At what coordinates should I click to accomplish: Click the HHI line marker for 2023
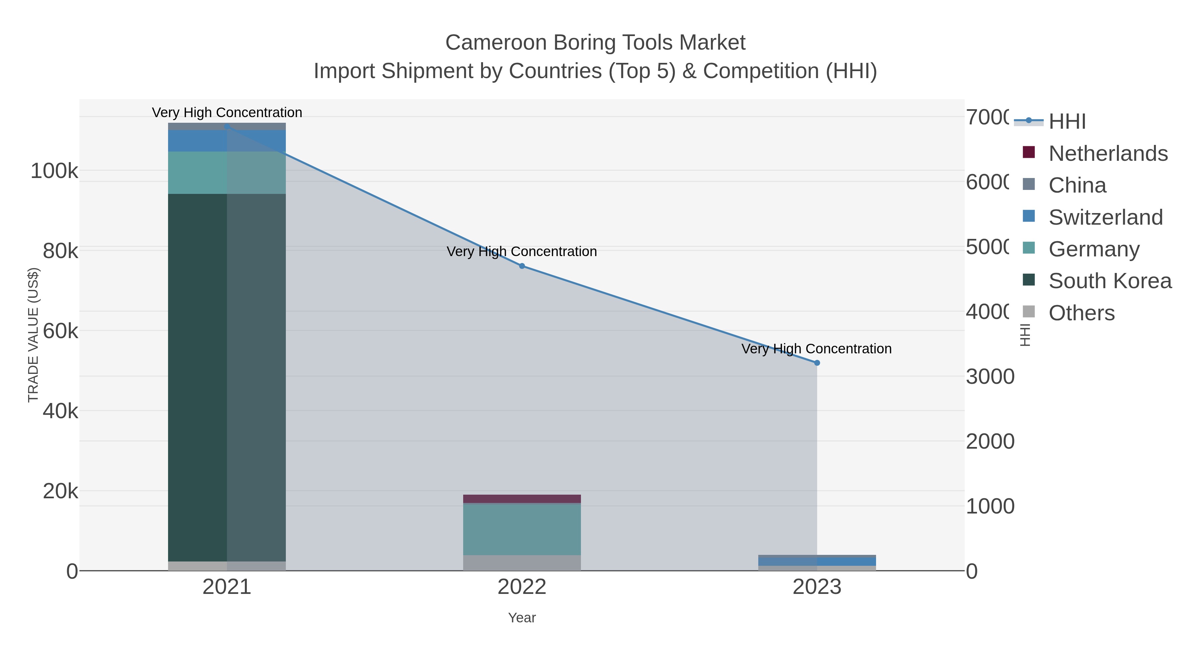pyautogui.click(x=816, y=363)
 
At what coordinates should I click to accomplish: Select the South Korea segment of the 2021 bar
pyautogui.click(x=227, y=377)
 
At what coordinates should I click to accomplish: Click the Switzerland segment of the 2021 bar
pyautogui.click(x=227, y=141)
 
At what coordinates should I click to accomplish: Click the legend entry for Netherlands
pyautogui.click(x=1108, y=154)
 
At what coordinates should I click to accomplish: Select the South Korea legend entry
pyautogui.click(x=1110, y=281)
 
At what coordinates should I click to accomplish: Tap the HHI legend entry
pyautogui.click(x=1067, y=122)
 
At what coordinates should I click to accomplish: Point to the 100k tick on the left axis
pyautogui.click(x=55, y=171)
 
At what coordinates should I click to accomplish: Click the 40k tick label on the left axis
pyautogui.click(x=60, y=411)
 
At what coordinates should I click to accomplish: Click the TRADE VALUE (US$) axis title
pyautogui.click(x=33, y=335)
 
